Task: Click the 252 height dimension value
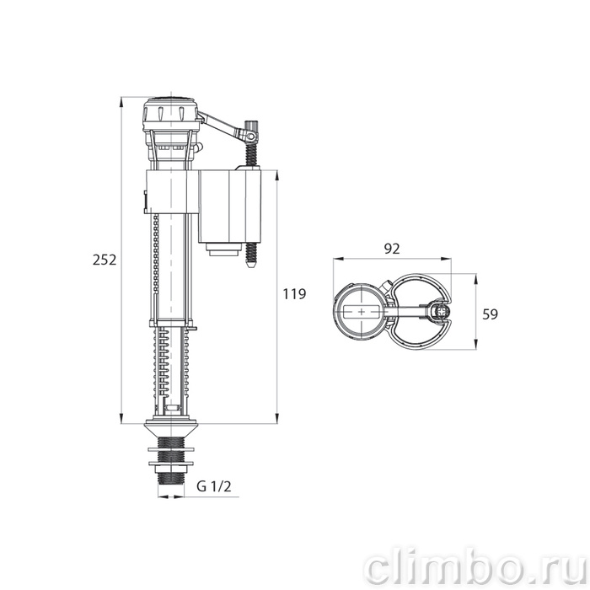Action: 105,260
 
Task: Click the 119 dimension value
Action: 294,293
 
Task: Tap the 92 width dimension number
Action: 392,249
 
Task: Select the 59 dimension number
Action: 490,314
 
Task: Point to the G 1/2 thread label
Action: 214,486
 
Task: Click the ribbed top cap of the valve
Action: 171,111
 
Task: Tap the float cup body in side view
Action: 229,206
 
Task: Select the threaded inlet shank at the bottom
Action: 171,460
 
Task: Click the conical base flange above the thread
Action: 171,429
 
